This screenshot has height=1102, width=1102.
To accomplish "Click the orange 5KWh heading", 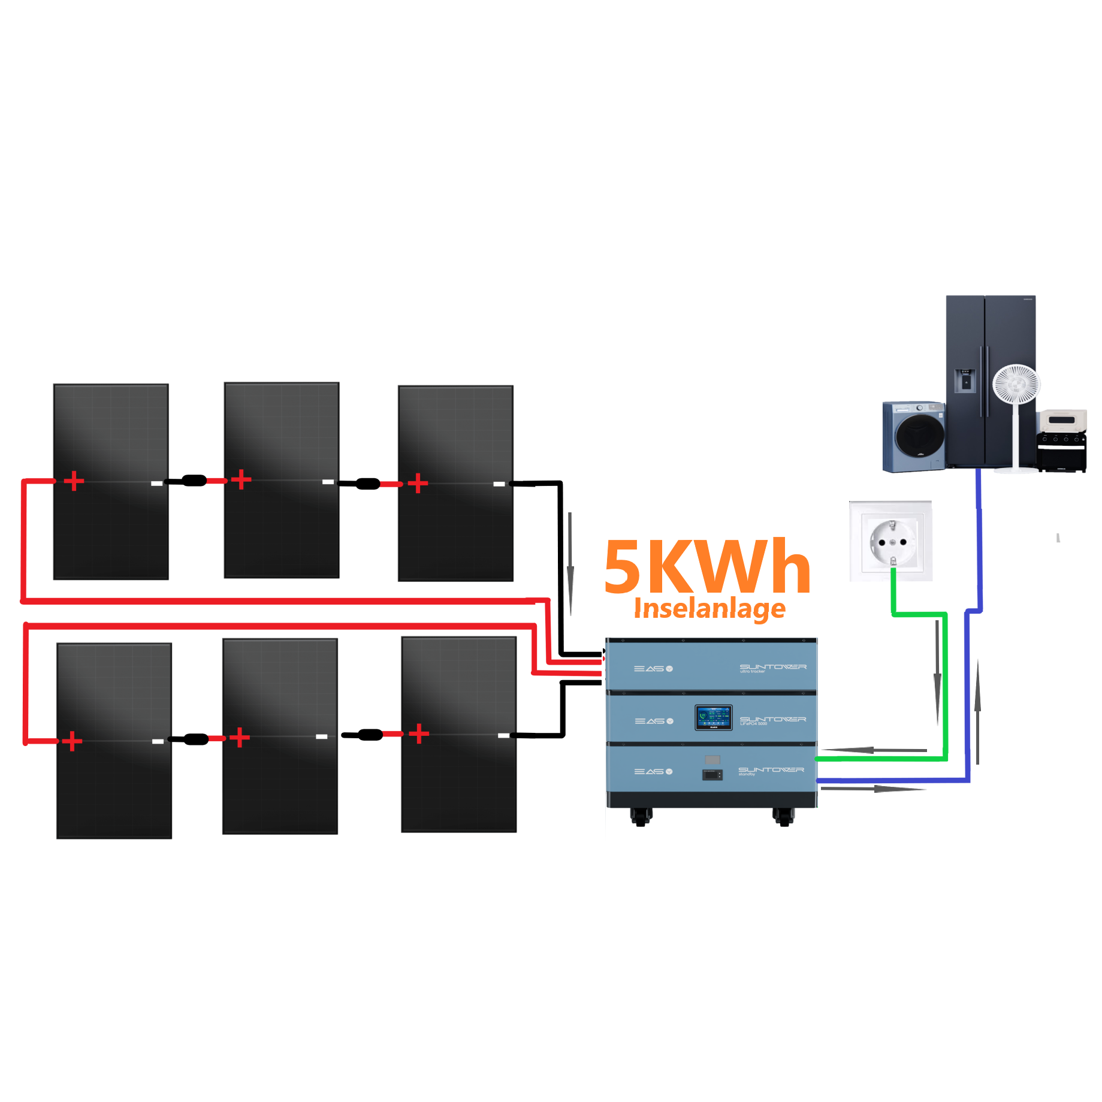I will tap(707, 566).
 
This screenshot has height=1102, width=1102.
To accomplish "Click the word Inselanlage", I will tap(709, 608).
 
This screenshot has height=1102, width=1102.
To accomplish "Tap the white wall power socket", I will tap(892, 541).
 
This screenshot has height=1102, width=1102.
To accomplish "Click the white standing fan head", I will tap(1016, 384).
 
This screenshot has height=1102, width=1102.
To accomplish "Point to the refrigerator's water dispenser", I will tap(965, 381).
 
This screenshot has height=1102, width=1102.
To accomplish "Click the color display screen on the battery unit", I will tap(713, 717).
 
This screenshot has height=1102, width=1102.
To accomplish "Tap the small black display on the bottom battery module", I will tap(712, 774).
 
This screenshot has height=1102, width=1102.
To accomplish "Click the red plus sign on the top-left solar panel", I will tap(74, 481).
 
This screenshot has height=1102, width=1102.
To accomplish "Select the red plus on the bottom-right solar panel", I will tap(419, 733).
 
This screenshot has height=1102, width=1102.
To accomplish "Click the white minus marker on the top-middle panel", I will tap(328, 482).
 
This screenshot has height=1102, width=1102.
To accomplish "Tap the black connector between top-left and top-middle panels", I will tap(194, 481).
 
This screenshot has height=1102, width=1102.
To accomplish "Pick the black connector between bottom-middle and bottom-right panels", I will tap(370, 735).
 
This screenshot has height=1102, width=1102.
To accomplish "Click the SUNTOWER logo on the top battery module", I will tap(772, 667).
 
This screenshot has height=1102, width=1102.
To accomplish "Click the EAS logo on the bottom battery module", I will tap(653, 771).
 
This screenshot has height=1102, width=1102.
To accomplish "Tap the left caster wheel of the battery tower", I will tap(641, 816).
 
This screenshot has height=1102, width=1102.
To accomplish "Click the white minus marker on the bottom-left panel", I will tap(158, 741).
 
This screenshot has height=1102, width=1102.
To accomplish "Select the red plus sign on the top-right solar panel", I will tap(418, 483).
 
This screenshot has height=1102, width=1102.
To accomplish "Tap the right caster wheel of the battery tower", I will tap(784, 816).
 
